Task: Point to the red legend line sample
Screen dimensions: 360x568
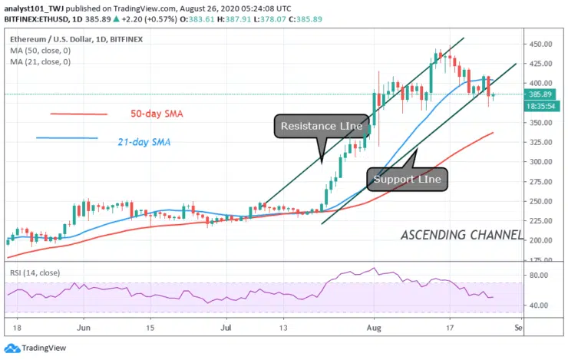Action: point(79,114)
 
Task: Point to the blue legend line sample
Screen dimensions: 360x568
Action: point(67,138)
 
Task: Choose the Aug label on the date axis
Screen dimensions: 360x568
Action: point(374,327)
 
